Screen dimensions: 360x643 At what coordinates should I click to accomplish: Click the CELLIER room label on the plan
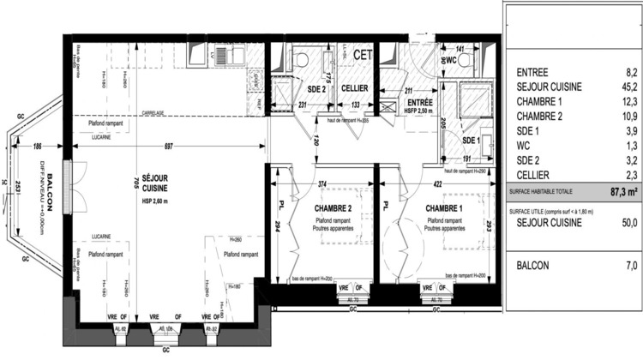click(x=355, y=88)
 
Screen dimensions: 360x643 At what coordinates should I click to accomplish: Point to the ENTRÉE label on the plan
click(x=421, y=102)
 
